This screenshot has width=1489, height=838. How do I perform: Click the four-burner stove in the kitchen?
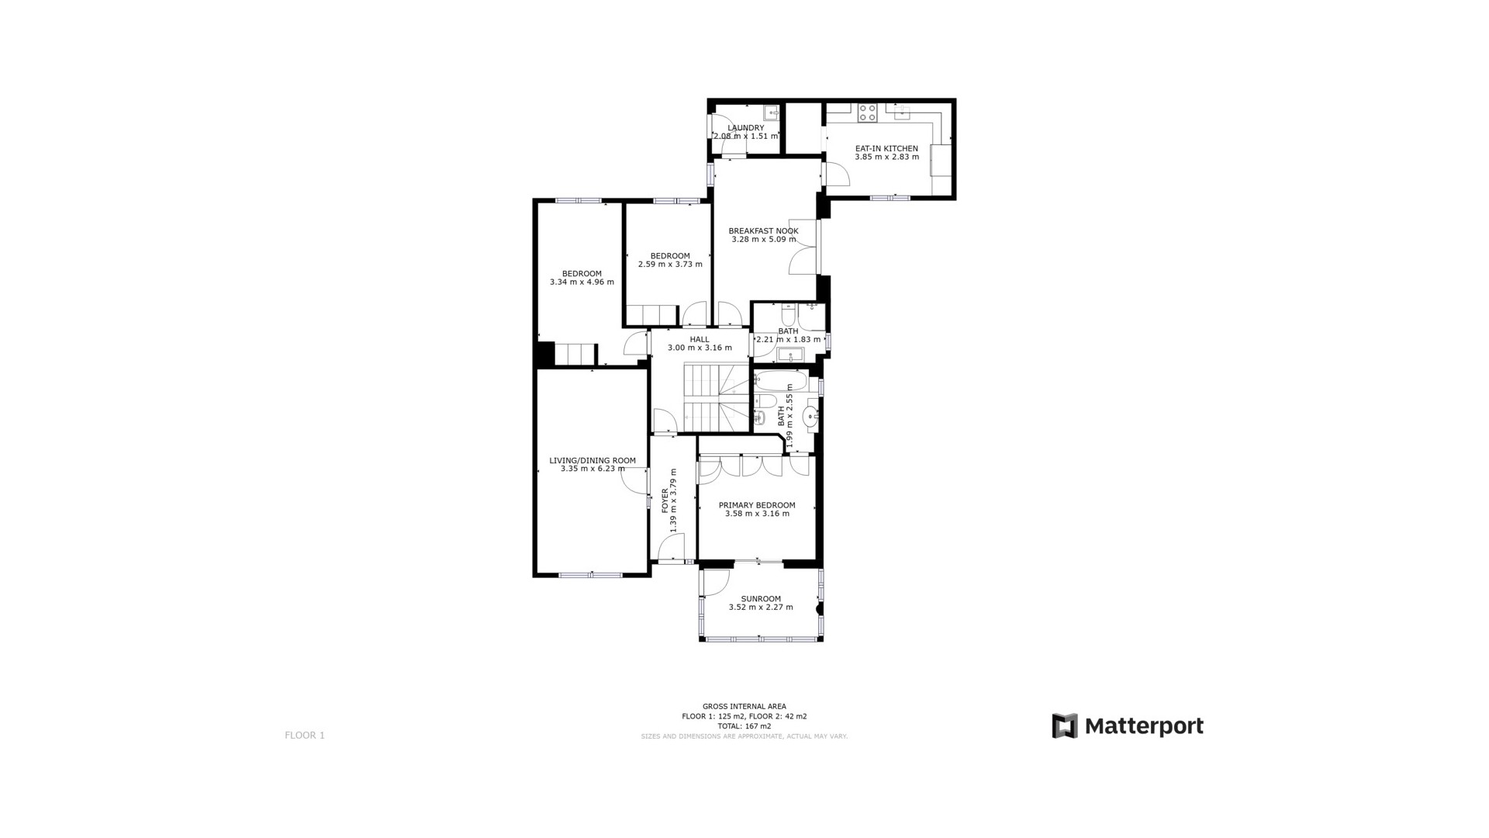(x=867, y=113)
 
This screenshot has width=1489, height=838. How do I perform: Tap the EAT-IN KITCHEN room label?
(x=886, y=148)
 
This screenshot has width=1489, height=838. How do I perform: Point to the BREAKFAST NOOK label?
(x=763, y=230)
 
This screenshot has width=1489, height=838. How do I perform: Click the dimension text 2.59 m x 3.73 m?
(x=670, y=265)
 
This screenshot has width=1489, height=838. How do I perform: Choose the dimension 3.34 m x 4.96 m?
(x=582, y=282)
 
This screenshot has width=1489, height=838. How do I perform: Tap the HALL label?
(x=700, y=339)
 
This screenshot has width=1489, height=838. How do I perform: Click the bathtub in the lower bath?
(x=781, y=380)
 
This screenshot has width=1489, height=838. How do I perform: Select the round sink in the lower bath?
(x=810, y=417)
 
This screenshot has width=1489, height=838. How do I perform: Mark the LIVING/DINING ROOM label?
(x=592, y=460)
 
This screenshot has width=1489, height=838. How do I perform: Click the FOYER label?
(x=665, y=500)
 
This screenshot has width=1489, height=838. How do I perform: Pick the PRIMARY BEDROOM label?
(x=757, y=505)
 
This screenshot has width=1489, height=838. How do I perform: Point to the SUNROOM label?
(x=761, y=599)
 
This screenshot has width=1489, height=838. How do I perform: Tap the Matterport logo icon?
(x=1065, y=726)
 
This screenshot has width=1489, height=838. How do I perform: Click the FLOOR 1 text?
(x=305, y=736)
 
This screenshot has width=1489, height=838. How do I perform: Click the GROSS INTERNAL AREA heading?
(x=744, y=706)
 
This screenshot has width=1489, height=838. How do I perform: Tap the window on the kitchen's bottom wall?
(x=890, y=198)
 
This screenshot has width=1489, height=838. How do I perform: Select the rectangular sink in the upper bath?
(x=790, y=356)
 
